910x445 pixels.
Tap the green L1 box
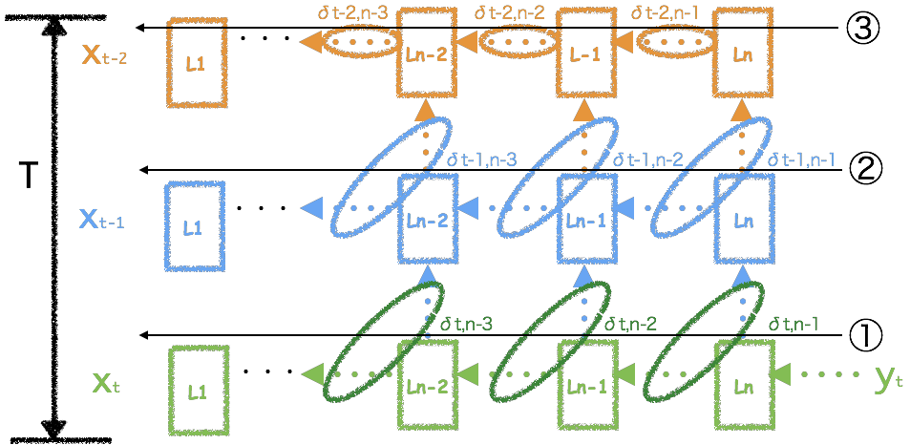(197, 390)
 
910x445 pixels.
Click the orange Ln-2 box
(425, 53)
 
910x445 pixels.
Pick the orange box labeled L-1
(584, 53)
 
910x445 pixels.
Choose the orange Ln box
(744, 53)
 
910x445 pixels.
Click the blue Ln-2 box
(427, 218)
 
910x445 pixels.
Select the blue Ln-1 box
(586, 218)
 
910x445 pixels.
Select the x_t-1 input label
(102, 219)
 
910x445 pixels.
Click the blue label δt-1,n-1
(801, 159)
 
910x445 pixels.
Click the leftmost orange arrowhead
(309, 42)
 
